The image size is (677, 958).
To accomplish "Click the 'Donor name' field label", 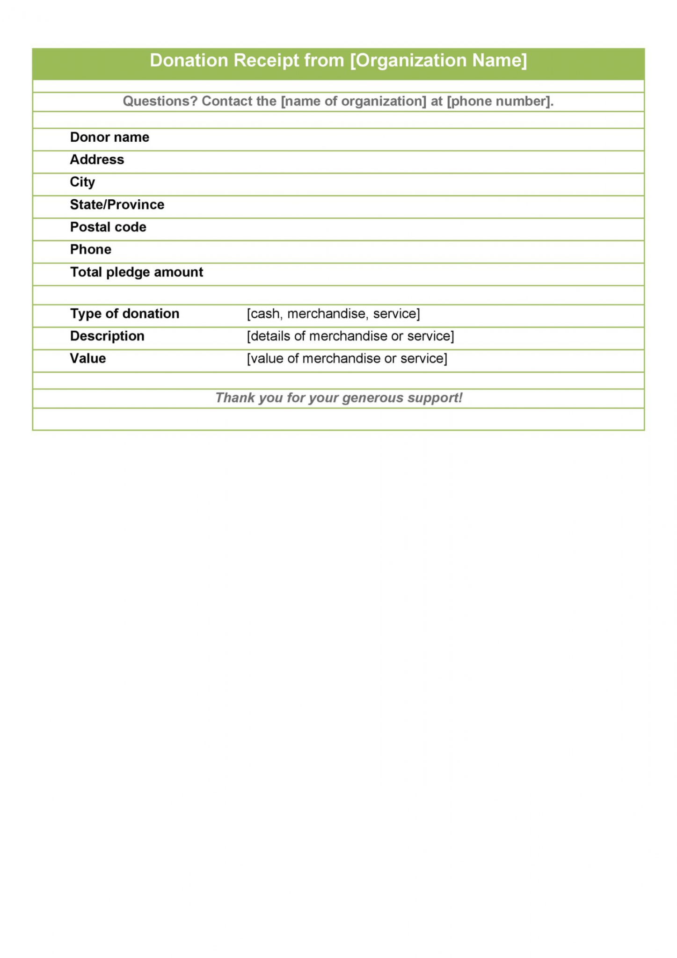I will tap(109, 137).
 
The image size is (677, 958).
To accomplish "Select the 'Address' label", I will tap(97, 160).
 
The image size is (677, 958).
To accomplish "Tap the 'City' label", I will tap(82, 182).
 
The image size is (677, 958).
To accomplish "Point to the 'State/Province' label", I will tap(117, 204).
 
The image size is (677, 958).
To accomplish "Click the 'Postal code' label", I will tap(108, 227).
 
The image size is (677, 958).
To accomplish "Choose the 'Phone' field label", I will tap(91, 249).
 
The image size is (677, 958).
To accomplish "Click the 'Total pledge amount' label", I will tap(137, 272).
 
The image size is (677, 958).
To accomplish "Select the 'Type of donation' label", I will tap(124, 313).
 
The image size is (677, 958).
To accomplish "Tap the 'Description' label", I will tap(107, 336).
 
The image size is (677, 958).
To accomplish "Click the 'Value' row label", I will tap(88, 358).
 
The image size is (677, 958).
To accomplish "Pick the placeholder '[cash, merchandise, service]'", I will tap(333, 313).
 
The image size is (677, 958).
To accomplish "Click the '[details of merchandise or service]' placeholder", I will tap(350, 336).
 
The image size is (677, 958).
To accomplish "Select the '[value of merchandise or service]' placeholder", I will tap(347, 358).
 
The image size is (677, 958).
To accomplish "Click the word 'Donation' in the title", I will tap(189, 60).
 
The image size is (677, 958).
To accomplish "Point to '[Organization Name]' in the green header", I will tap(438, 60).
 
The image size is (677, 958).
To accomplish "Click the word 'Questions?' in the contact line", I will tap(160, 101).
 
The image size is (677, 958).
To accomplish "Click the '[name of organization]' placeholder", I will tap(353, 101).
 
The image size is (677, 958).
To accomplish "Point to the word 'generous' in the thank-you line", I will tap(372, 398).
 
